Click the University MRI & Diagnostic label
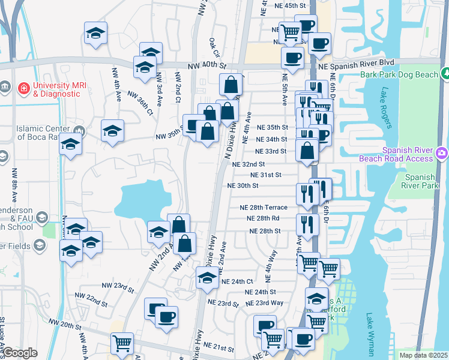(56, 89)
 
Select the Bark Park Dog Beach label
(400, 75)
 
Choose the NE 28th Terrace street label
(264, 208)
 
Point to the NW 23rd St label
(117, 288)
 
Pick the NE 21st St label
(218, 347)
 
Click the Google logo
(20, 353)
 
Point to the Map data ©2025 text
(423, 355)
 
